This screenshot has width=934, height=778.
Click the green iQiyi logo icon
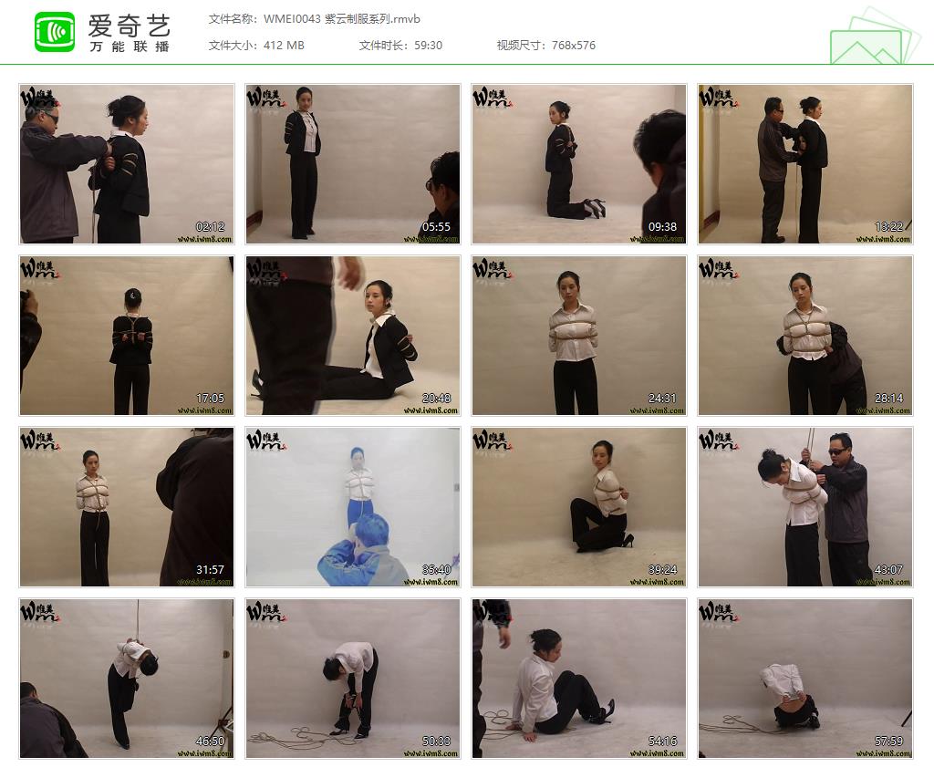pos(55,33)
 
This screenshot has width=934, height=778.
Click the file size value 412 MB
pos(284,45)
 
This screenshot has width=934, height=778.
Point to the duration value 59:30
pos(427,45)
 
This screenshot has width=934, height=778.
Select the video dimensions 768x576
pos(574,45)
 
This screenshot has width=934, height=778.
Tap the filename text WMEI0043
pos(291,19)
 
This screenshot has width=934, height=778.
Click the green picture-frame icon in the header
pos(871,38)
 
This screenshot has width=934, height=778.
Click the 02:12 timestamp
pos(211,226)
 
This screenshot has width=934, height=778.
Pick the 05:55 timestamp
pos(436,226)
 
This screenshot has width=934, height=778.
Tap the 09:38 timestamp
pos(663,226)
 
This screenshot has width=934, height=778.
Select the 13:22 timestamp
pos(888,226)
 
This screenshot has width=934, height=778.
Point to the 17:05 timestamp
pos(211,398)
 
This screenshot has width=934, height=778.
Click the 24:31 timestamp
pos(663,398)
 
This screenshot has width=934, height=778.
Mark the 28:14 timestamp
pos(888,398)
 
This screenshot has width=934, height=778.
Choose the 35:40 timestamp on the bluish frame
pos(436,569)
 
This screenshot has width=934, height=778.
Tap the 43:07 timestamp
pos(888,569)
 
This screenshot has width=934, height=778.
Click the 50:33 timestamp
pos(436,741)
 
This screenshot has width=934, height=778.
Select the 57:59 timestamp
pos(888,741)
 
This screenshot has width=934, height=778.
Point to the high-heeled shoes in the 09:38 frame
pos(596,209)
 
